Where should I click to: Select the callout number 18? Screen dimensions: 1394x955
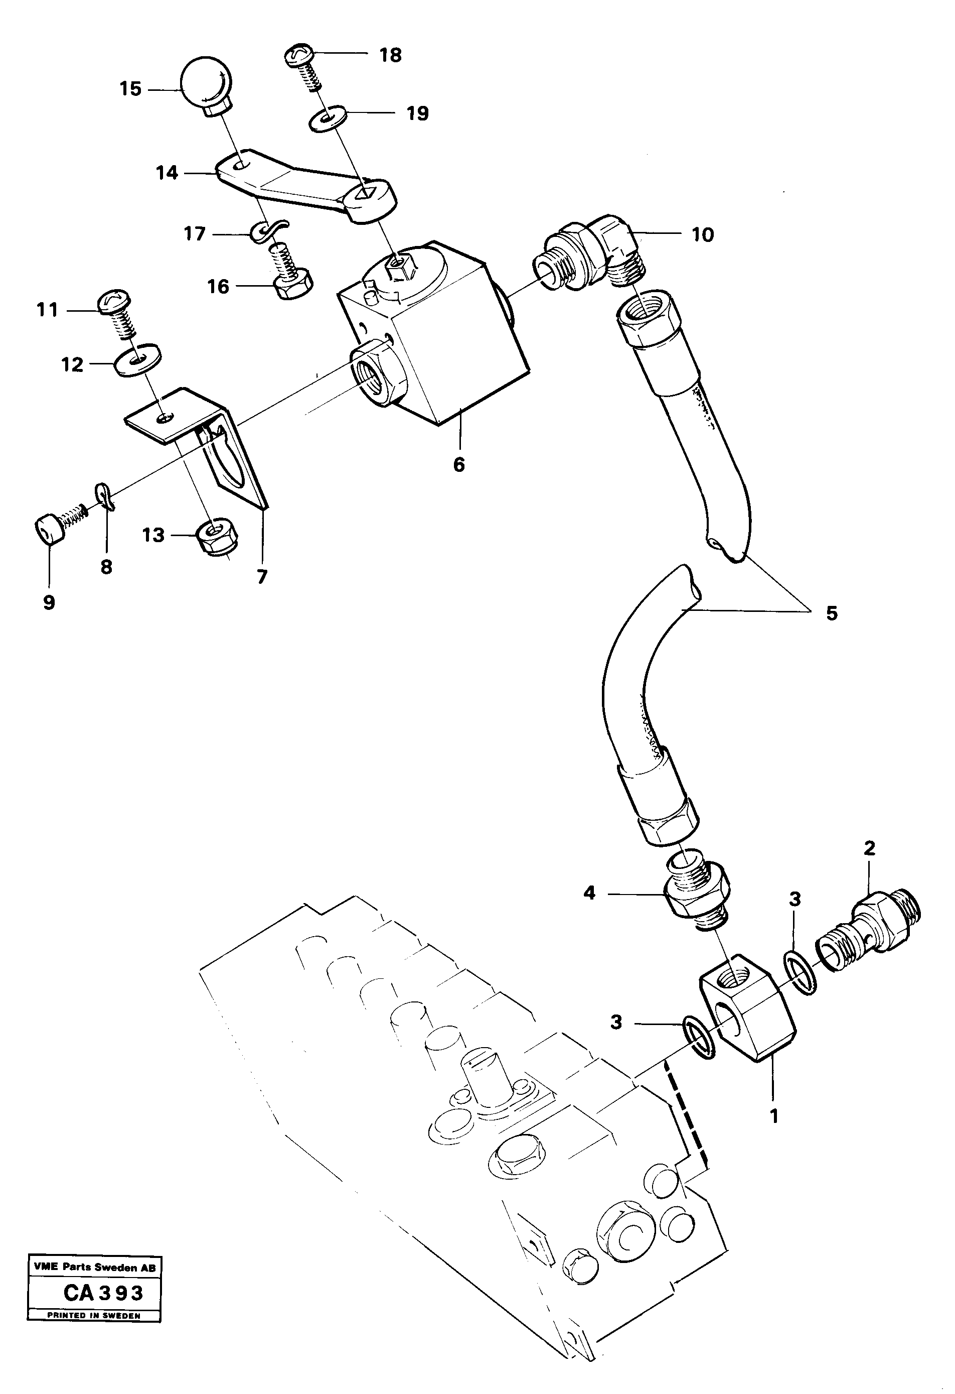390,55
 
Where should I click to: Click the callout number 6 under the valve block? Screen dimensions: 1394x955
458,464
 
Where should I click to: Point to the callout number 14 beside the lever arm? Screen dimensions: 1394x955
167,173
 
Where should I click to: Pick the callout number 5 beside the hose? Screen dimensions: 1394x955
831,613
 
